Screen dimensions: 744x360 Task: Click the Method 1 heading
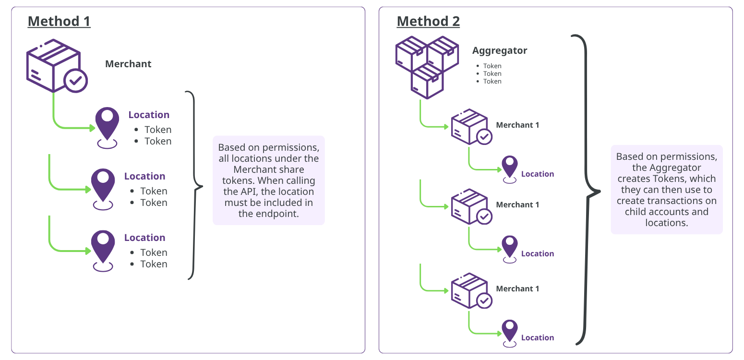click(59, 21)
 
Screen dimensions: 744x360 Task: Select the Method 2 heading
click(429, 21)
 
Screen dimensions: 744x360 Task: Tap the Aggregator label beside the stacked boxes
click(500, 51)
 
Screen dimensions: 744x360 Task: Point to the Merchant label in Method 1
click(128, 64)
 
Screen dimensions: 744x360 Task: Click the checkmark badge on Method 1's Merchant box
click(76, 81)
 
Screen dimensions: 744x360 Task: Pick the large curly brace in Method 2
click(586, 190)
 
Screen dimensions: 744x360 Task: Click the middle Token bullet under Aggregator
click(492, 74)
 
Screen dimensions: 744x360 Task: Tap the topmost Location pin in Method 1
click(107, 128)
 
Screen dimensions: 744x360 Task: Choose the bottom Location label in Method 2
click(538, 338)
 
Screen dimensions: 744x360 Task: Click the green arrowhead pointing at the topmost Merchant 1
click(446, 127)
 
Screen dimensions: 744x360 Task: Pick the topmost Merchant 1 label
click(517, 125)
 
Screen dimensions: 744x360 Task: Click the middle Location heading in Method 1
click(144, 176)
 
